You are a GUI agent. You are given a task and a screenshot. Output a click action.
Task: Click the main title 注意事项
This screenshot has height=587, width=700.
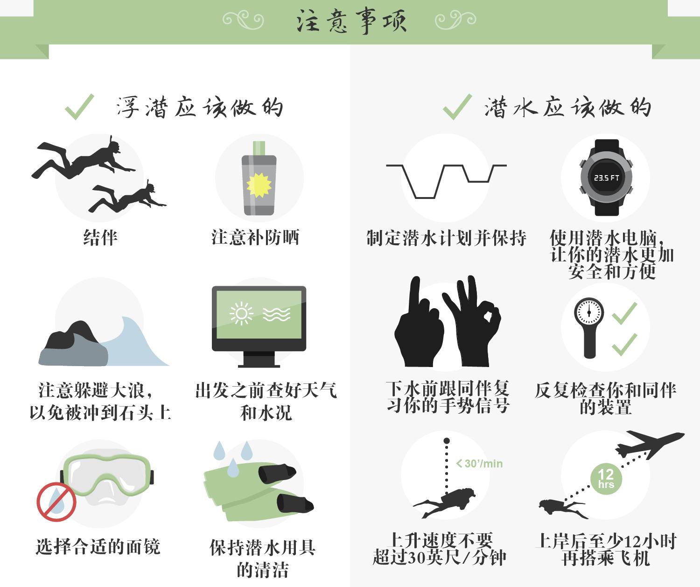coord(351,21)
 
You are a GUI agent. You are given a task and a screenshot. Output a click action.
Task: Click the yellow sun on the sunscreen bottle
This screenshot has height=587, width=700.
coord(259,184)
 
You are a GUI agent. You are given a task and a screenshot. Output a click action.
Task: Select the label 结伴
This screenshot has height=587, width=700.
coord(100,237)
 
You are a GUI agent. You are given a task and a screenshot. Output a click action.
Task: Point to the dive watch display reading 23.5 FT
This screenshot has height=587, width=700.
coord(606,178)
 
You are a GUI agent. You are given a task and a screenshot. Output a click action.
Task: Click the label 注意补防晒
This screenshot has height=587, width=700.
coord(255,237)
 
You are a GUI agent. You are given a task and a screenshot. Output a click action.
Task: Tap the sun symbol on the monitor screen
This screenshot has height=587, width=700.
coord(241,313)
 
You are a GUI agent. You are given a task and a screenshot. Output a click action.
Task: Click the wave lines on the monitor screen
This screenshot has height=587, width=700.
coord(276,314)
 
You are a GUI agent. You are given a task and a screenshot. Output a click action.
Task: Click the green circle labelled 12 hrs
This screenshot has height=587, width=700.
coord(606,478)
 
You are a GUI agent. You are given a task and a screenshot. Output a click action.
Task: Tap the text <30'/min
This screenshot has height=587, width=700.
coord(479,464)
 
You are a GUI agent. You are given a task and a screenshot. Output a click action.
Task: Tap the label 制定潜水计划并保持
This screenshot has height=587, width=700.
coord(446,238)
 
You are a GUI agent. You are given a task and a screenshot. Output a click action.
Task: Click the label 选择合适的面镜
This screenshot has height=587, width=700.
coord(98,546)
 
